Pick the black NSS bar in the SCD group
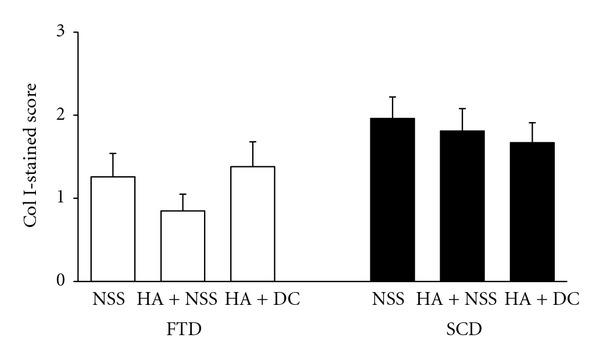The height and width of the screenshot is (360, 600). click(x=392, y=199)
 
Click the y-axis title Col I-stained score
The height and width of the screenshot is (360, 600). click(x=33, y=156)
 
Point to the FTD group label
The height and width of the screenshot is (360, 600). click(x=183, y=327)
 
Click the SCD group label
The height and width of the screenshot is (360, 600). click(x=462, y=327)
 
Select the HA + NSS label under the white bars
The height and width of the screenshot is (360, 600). click(x=183, y=299)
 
